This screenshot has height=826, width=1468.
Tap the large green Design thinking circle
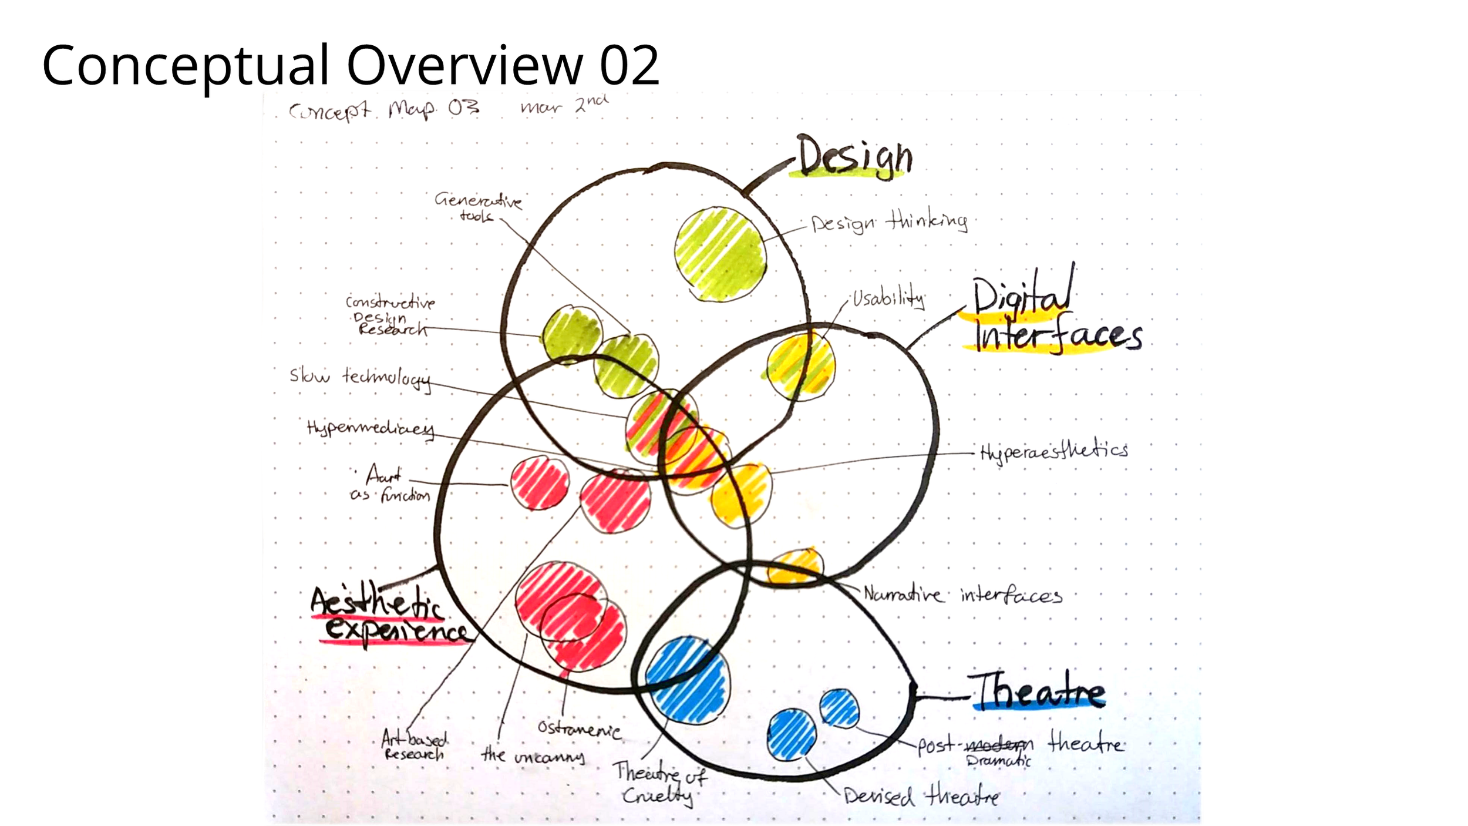pyautogui.click(x=720, y=254)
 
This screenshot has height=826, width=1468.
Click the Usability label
pyautogui.click(x=888, y=299)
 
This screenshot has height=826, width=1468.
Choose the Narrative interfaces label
pyautogui.click(x=962, y=596)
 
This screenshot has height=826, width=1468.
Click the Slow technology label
pyautogui.click(x=360, y=377)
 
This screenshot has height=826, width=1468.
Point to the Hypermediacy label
pyautogui.click(x=371, y=428)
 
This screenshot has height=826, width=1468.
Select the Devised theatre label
pyautogui.click(x=921, y=797)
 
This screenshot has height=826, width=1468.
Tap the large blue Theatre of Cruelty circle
pyautogui.click(x=688, y=680)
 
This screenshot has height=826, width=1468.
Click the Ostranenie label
pyautogui.click(x=579, y=730)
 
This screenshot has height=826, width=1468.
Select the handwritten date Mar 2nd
pyautogui.click(x=564, y=105)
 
